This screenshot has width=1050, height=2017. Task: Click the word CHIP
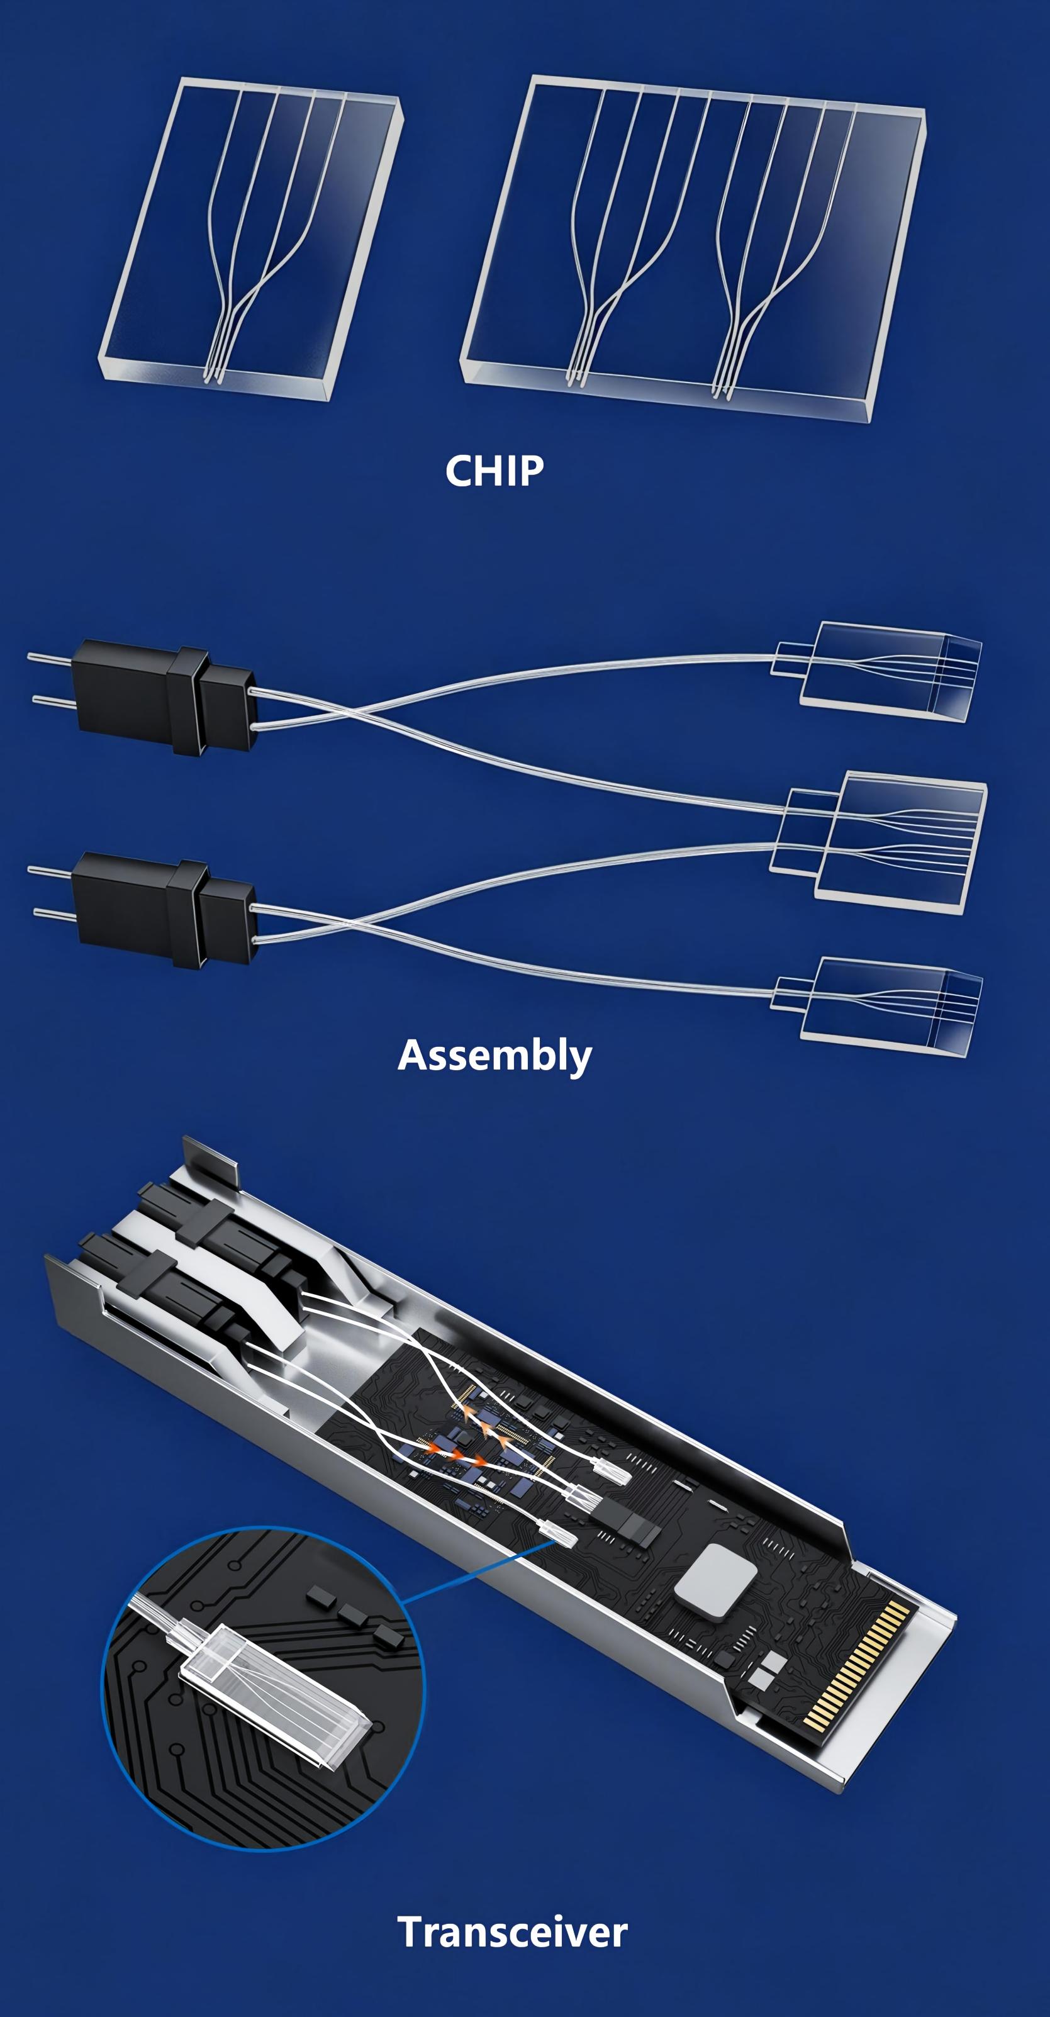494,471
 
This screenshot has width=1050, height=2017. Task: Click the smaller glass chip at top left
250,239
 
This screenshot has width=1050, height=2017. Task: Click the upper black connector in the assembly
164,698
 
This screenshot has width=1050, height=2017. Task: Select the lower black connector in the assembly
164,910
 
